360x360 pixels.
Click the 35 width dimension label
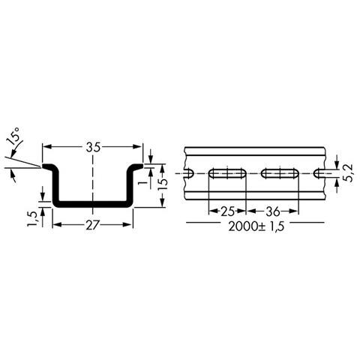[x=93, y=148]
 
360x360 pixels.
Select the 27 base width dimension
[x=93, y=225]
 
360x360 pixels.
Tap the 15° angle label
[x=14, y=136]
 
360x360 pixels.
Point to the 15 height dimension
[x=163, y=185]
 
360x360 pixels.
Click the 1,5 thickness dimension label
[x=33, y=219]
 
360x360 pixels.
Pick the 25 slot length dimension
[x=227, y=211]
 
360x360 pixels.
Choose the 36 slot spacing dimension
[x=273, y=211]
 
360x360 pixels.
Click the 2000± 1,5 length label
[x=256, y=226]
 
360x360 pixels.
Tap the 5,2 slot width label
[x=348, y=172]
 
